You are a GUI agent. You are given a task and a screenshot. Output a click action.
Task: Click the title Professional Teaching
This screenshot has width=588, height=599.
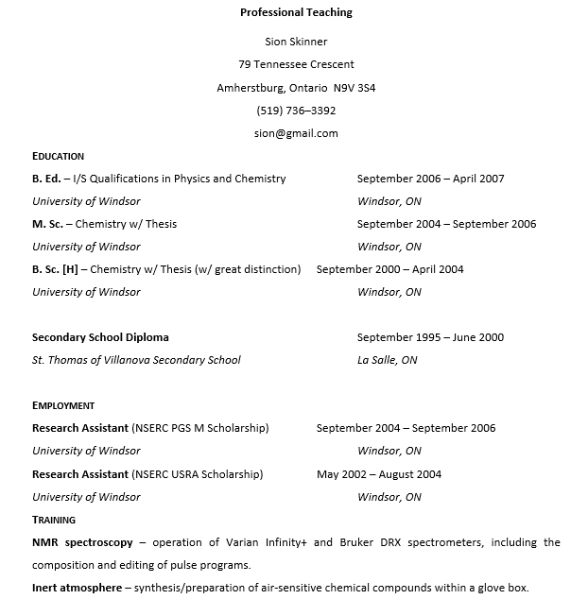coord(296,12)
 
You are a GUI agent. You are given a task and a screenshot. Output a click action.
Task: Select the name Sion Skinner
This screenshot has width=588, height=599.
coord(296,42)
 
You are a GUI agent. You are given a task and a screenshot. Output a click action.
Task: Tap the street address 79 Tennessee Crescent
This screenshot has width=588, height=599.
coord(296,64)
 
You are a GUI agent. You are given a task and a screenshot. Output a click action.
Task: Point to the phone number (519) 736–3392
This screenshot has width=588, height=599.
coord(296,111)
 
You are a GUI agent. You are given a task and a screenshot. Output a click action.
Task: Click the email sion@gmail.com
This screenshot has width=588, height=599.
coord(296,133)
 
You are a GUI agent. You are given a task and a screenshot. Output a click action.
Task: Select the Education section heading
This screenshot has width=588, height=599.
coord(58,156)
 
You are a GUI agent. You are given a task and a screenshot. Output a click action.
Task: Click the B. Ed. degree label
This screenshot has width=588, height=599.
coord(46,179)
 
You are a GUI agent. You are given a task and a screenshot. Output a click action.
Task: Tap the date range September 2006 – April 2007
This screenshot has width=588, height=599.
coord(430,179)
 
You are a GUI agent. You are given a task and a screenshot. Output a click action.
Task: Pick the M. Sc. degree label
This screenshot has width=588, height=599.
coord(48,224)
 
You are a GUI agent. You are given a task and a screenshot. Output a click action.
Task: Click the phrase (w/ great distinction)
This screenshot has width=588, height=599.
coord(248,269)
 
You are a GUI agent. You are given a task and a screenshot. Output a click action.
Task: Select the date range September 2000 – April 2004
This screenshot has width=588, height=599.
coord(389,269)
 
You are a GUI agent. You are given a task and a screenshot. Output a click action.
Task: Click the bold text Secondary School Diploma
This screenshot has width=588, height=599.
coord(100,337)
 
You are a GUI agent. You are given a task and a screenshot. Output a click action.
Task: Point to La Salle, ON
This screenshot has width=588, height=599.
coord(387,360)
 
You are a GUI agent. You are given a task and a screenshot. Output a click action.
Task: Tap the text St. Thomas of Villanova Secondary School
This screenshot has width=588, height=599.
coord(136,360)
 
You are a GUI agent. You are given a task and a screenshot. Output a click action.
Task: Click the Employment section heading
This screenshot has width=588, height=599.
coord(63,405)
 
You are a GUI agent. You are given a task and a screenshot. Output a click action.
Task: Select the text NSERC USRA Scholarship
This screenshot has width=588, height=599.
coord(198,474)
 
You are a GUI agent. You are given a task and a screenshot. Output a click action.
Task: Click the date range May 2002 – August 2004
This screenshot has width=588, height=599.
coord(378,474)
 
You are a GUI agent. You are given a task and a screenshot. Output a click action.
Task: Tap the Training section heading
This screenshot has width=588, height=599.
coord(54,520)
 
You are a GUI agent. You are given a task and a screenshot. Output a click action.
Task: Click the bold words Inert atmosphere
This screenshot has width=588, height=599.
coord(77,588)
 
